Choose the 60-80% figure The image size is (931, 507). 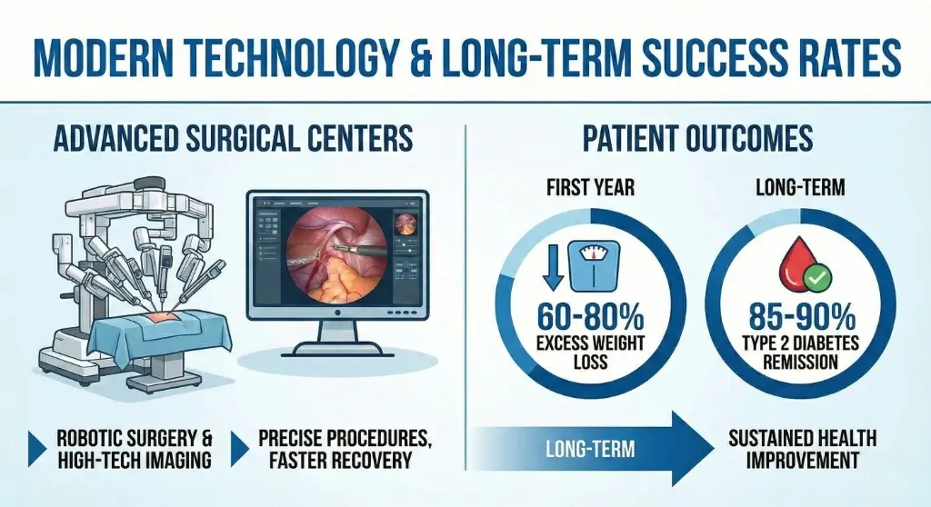point(591,319)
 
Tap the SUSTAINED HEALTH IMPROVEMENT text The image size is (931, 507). point(802,449)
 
